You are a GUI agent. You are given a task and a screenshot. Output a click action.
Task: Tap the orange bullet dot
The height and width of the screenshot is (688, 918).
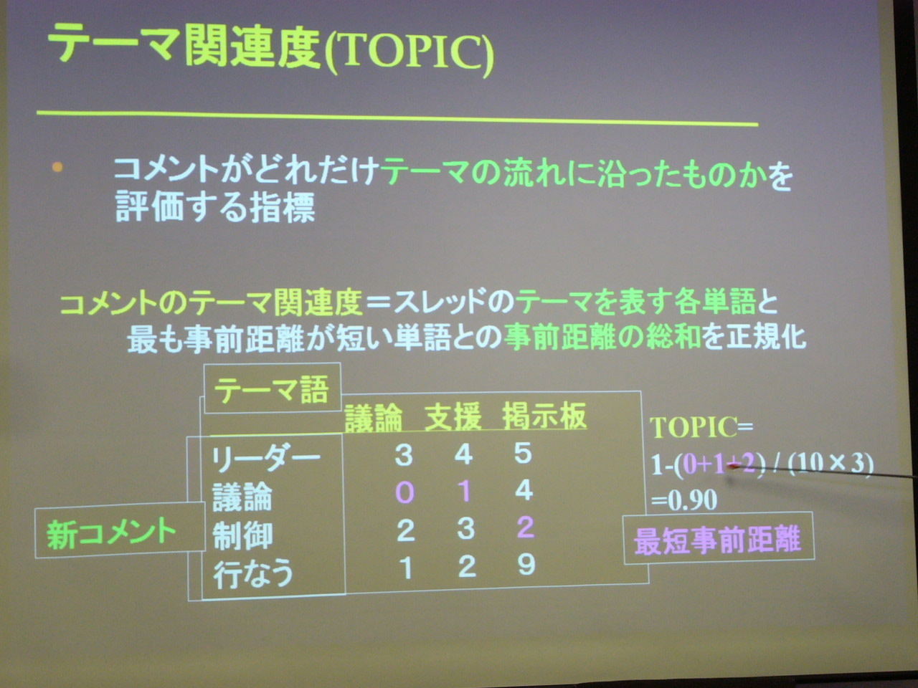click(x=57, y=167)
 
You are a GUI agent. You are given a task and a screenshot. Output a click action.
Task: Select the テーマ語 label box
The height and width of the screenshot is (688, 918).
click(x=273, y=388)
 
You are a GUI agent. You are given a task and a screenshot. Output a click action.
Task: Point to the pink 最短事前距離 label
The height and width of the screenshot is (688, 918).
click(x=718, y=538)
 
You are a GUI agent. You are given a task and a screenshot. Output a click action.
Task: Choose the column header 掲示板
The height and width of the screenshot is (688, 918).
click(x=544, y=416)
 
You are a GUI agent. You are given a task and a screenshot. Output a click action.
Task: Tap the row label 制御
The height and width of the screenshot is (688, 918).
click(x=242, y=535)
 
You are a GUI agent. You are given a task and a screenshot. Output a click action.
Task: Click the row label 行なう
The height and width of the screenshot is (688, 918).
click(x=253, y=573)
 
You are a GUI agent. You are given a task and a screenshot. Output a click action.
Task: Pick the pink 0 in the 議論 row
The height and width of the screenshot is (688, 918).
click(x=404, y=492)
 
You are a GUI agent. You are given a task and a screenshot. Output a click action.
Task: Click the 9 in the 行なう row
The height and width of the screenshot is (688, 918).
click(x=526, y=565)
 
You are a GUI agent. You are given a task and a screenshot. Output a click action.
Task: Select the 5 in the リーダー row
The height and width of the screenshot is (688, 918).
click(x=524, y=454)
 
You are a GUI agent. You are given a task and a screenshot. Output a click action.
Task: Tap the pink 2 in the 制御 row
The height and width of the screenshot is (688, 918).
click(x=525, y=527)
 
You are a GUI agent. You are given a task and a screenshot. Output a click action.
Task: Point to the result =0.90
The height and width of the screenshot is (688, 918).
click(x=684, y=500)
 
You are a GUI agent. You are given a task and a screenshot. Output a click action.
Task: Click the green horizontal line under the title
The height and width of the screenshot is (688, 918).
click(x=397, y=118)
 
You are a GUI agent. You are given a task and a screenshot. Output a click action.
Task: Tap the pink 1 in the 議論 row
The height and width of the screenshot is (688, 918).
click(x=464, y=491)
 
